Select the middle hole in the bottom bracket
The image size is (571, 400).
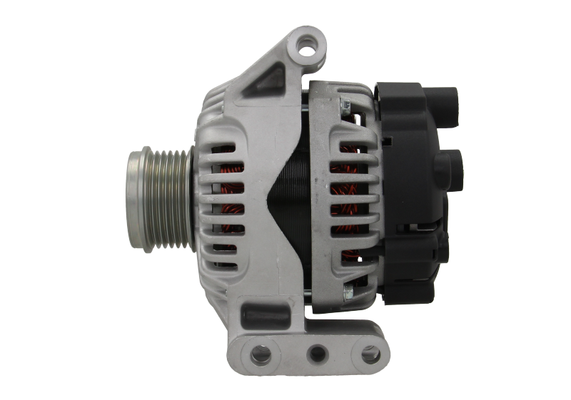[315, 352]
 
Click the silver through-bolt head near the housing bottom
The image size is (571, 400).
[348, 292]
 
